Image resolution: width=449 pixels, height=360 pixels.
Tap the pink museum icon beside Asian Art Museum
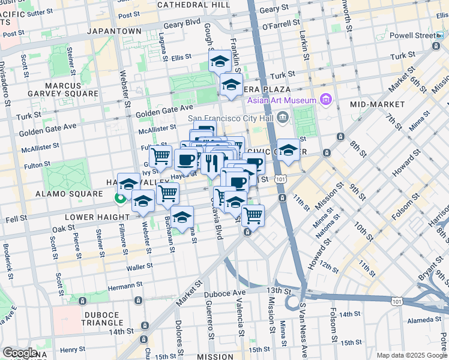tap(326, 98)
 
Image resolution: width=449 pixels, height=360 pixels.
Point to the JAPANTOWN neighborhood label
tap(113, 30)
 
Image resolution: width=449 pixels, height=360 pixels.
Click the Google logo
tap(20, 352)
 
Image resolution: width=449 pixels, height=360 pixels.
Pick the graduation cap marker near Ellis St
tap(220, 61)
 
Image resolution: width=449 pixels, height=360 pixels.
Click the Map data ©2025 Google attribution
tap(411, 355)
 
